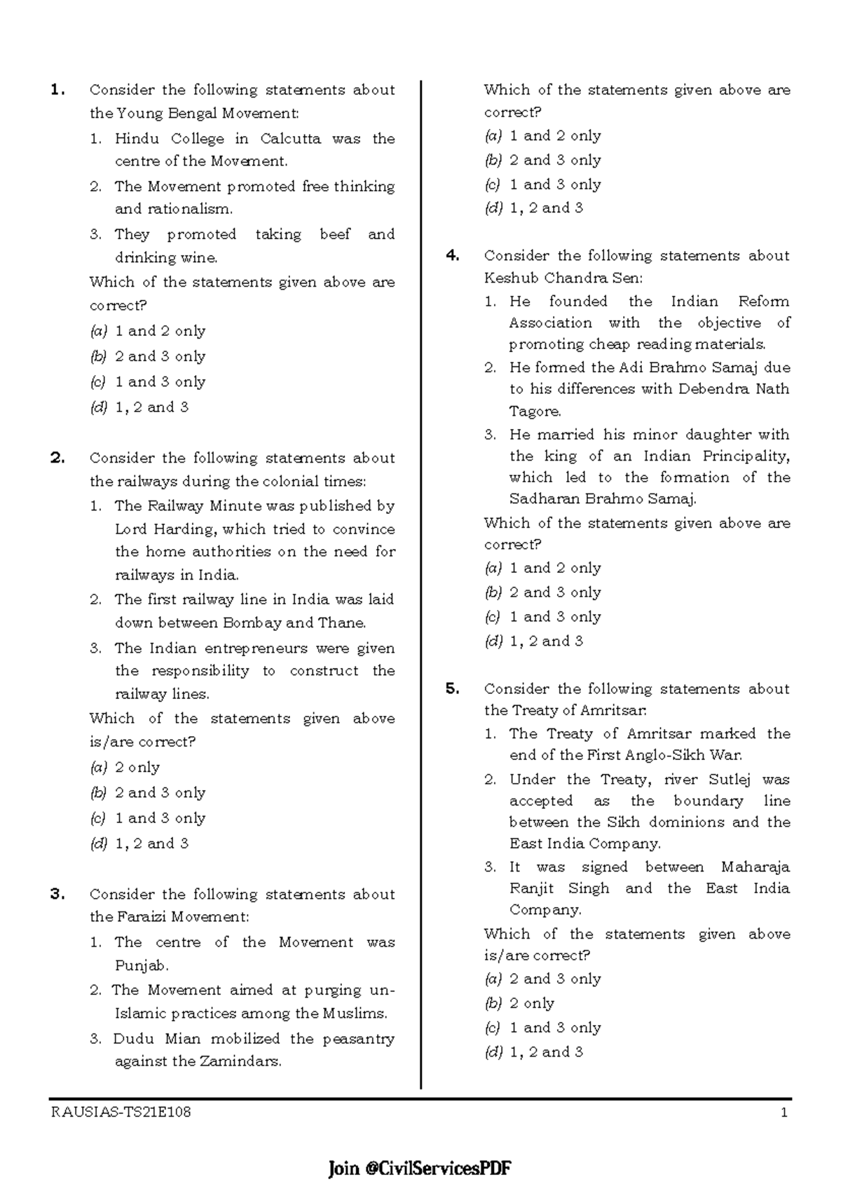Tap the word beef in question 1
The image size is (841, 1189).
tap(334, 234)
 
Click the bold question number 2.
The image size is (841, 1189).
tap(57, 458)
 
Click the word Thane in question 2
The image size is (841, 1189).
tap(341, 623)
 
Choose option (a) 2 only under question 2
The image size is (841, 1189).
tap(125, 767)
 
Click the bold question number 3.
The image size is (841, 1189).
tap(57, 894)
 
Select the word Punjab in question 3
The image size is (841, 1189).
tap(141, 965)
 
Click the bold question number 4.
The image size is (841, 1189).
tap(452, 255)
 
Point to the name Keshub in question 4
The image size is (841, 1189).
tap(509, 277)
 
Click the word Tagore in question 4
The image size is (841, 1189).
tap(534, 411)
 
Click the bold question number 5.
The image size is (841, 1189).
tap(452, 688)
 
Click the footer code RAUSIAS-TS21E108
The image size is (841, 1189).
tap(121, 1113)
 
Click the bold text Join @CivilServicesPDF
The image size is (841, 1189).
tap(420, 1168)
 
